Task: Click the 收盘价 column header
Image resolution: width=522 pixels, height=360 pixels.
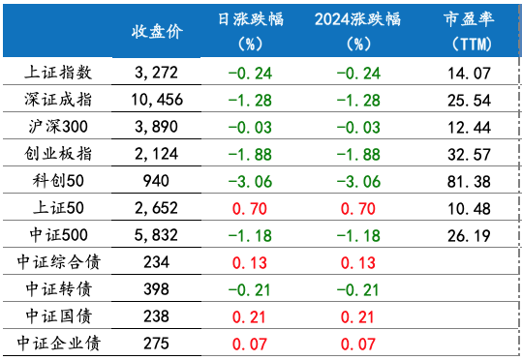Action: pyautogui.click(x=155, y=31)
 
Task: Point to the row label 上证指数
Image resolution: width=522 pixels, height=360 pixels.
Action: pyautogui.click(x=58, y=72)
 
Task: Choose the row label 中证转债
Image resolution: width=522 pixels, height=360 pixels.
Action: pyautogui.click(x=58, y=288)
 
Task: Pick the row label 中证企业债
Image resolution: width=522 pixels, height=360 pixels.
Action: pyautogui.click(x=58, y=343)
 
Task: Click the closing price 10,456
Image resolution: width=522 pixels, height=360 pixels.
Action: pyautogui.click(x=155, y=99)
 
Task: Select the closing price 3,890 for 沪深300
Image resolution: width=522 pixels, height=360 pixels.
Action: pyautogui.click(x=155, y=126)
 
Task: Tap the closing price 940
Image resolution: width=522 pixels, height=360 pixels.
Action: pyautogui.click(x=155, y=180)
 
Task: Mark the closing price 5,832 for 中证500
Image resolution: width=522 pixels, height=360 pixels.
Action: pyautogui.click(x=155, y=234)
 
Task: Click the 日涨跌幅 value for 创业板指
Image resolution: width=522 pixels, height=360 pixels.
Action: pyautogui.click(x=250, y=153)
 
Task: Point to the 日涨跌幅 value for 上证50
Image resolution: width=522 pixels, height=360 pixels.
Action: pyautogui.click(x=250, y=207)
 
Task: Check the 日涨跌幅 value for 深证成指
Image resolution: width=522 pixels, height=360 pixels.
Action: pyautogui.click(x=250, y=99)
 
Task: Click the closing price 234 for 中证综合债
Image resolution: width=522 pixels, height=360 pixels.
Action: pyautogui.click(x=155, y=261)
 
